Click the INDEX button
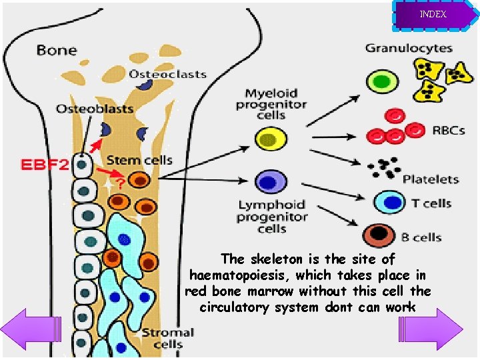tap(433, 15)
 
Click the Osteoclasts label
tap(167, 74)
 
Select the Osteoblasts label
tap(95, 108)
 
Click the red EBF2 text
tap(45, 164)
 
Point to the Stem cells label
tap(139, 160)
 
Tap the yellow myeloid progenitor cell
tap(271, 139)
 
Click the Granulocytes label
tap(409, 48)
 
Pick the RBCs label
tap(448, 130)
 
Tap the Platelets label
tap(431, 179)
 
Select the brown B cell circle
tap(380, 235)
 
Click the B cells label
tap(421, 237)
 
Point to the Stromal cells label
tap(168, 338)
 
